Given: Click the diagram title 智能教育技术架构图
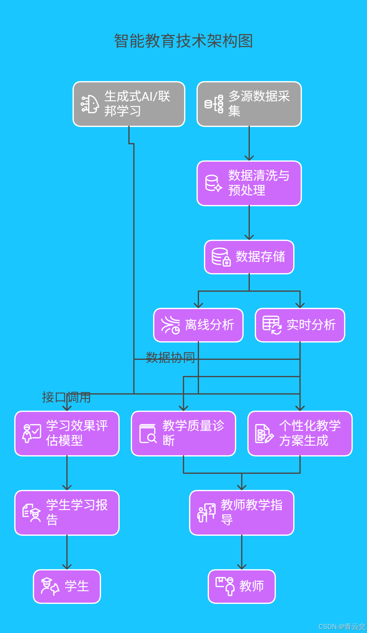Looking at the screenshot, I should tap(183, 41).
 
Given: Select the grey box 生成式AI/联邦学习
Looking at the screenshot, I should tap(129, 104).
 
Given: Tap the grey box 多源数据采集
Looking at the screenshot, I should tap(249, 104).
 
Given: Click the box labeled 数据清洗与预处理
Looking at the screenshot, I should tap(249, 183).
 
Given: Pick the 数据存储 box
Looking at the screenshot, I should tap(249, 257).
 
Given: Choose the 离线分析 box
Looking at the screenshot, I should tap(198, 325).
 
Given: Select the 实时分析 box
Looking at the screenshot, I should tap(300, 325).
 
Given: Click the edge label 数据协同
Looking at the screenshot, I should tap(170, 358).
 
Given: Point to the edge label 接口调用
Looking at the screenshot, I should tap(66, 397).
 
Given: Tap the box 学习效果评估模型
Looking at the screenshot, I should tap(67, 434).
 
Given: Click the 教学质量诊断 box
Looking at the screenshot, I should tap(183, 434).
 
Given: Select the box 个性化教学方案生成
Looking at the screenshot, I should tap(300, 434).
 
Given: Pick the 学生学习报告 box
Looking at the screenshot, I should tap(67, 513).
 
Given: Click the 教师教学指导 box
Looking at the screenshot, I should tap(242, 513).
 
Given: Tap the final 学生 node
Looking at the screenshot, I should tap(67, 587).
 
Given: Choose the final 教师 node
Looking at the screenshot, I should tap(242, 587).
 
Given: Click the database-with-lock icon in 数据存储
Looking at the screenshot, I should tap(221, 257).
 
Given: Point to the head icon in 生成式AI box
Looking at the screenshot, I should tap(90, 104).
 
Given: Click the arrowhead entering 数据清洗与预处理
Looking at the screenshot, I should tap(249, 158).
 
